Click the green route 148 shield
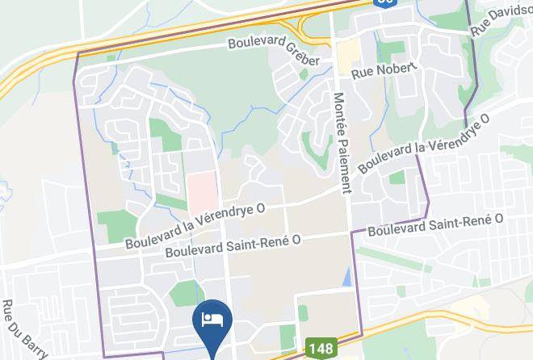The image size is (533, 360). click(x=320, y=350)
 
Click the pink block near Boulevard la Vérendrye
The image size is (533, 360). click(x=203, y=189)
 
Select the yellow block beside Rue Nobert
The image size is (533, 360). click(x=349, y=56)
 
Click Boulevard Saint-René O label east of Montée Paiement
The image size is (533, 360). click(x=435, y=225)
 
